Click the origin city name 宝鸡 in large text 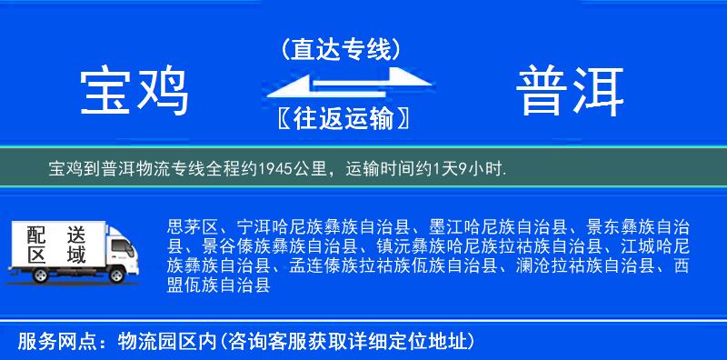click(134, 92)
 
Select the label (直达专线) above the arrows click(341, 49)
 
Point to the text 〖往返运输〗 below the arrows click(340, 118)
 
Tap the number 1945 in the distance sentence click(273, 169)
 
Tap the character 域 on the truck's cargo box click(76, 255)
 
